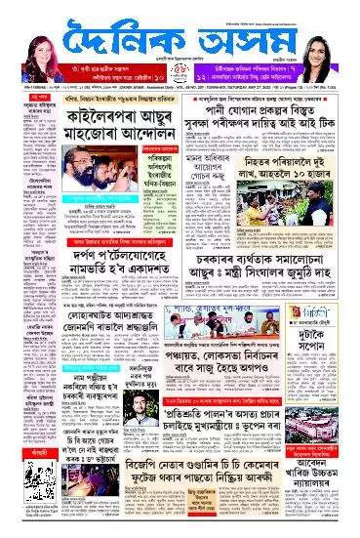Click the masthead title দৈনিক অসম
(180, 44)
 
